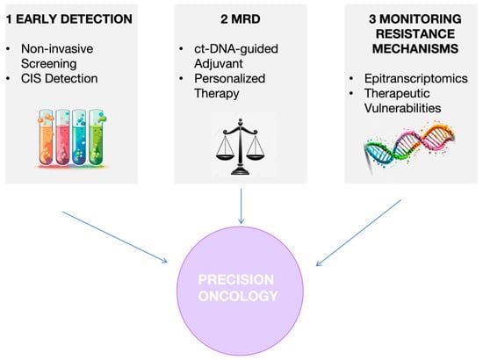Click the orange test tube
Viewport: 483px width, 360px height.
(x=47, y=138)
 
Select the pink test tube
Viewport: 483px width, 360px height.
(x=63, y=138)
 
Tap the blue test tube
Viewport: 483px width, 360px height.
(x=79, y=138)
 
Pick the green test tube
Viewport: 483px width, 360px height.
(x=97, y=138)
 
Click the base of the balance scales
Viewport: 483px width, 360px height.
(x=241, y=170)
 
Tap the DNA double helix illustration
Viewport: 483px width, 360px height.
(x=410, y=147)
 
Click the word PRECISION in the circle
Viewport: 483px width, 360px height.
(x=236, y=280)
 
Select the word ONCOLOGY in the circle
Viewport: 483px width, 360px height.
(x=238, y=296)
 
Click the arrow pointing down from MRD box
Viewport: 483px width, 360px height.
(x=241, y=206)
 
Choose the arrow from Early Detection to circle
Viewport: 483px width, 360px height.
(x=114, y=237)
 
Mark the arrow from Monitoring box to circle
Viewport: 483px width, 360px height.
(x=359, y=233)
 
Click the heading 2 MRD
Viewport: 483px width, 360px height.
(x=241, y=19)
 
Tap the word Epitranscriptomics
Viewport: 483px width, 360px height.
(x=416, y=79)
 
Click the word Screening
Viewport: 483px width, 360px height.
(x=48, y=64)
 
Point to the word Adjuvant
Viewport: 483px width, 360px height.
(x=219, y=64)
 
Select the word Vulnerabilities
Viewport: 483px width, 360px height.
(x=402, y=108)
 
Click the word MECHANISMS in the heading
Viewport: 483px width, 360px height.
(x=415, y=48)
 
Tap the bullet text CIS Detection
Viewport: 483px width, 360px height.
(x=59, y=78)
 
